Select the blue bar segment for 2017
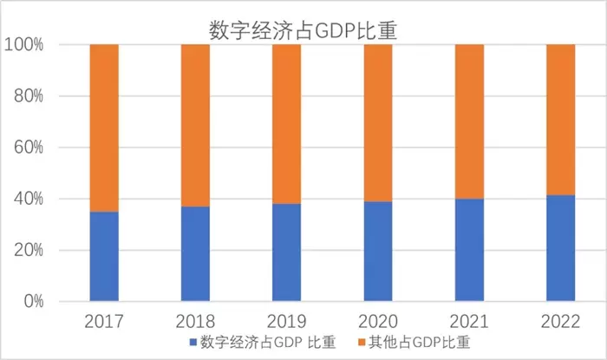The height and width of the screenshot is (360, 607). click(x=104, y=257)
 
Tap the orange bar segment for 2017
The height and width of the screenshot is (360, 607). click(x=104, y=128)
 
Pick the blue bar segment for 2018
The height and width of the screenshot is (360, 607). click(x=195, y=254)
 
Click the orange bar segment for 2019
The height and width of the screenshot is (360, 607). click(x=287, y=123)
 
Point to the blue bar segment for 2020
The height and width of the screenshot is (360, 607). click(x=378, y=252)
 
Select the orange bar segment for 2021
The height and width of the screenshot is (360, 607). click(x=469, y=121)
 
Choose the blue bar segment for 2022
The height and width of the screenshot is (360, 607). click(x=560, y=249)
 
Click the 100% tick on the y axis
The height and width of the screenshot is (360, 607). click(x=23, y=44)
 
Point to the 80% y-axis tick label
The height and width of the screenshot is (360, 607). click(x=27, y=95)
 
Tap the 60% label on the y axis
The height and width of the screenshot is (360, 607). click(x=27, y=147)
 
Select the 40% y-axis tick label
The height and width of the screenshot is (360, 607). click(x=27, y=199)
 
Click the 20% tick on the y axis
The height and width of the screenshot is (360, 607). click(x=27, y=251)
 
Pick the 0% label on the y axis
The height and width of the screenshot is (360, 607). click(x=31, y=302)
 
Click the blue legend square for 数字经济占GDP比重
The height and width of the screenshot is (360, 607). click(x=193, y=342)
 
